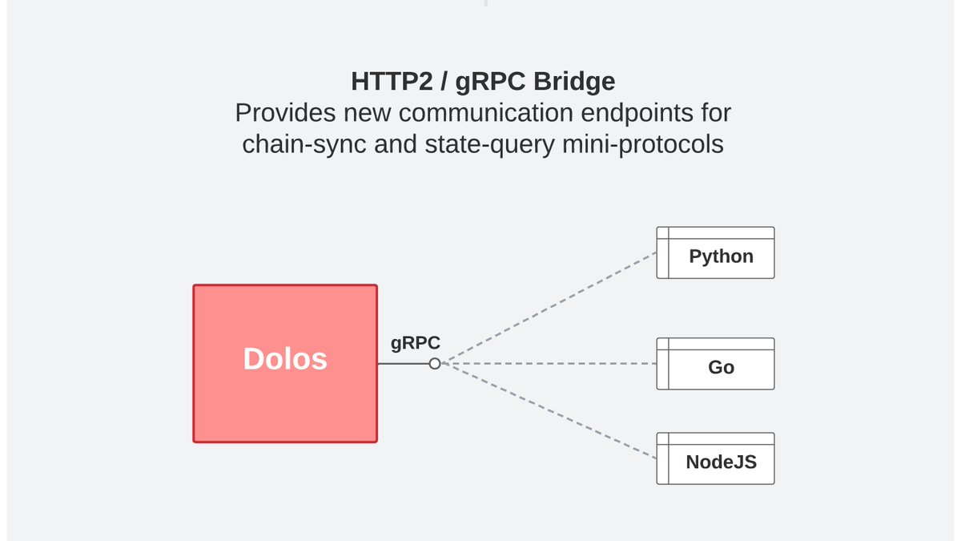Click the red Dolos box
point(285,363)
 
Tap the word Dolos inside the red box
point(285,358)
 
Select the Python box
point(716,253)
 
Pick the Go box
point(716,364)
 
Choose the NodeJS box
point(716,458)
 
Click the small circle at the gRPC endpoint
point(435,364)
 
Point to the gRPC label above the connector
point(416,343)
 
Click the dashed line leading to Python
point(549,308)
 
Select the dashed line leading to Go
point(549,364)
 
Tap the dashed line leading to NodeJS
point(549,411)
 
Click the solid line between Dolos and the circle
point(404,364)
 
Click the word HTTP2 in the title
point(392,81)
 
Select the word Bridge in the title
point(574,82)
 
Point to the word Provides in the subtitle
point(285,113)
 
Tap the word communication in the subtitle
point(486,113)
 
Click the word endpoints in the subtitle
point(637,114)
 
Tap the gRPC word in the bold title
point(490,82)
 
